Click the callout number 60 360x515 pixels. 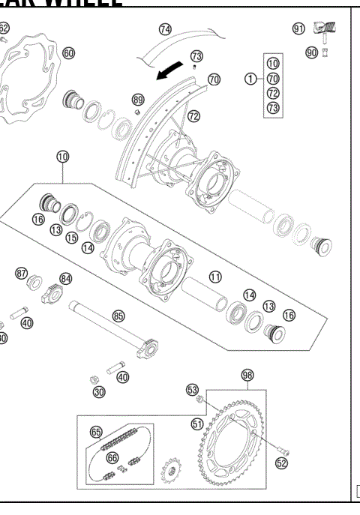(68, 53)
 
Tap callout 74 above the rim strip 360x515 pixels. (165, 30)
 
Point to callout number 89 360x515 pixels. (137, 100)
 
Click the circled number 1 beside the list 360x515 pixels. (250, 77)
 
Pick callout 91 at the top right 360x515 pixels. (298, 28)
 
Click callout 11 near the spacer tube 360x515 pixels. (216, 277)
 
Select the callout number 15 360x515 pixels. (72, 238)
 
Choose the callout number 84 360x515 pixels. (66, 279)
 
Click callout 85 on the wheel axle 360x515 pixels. (118, 316)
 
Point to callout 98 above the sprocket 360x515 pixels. (247, 374)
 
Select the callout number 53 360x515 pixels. (193, 389)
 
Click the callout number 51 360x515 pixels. (197, 424)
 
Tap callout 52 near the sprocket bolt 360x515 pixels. (281, 463)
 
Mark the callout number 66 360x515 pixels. (112, 457)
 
